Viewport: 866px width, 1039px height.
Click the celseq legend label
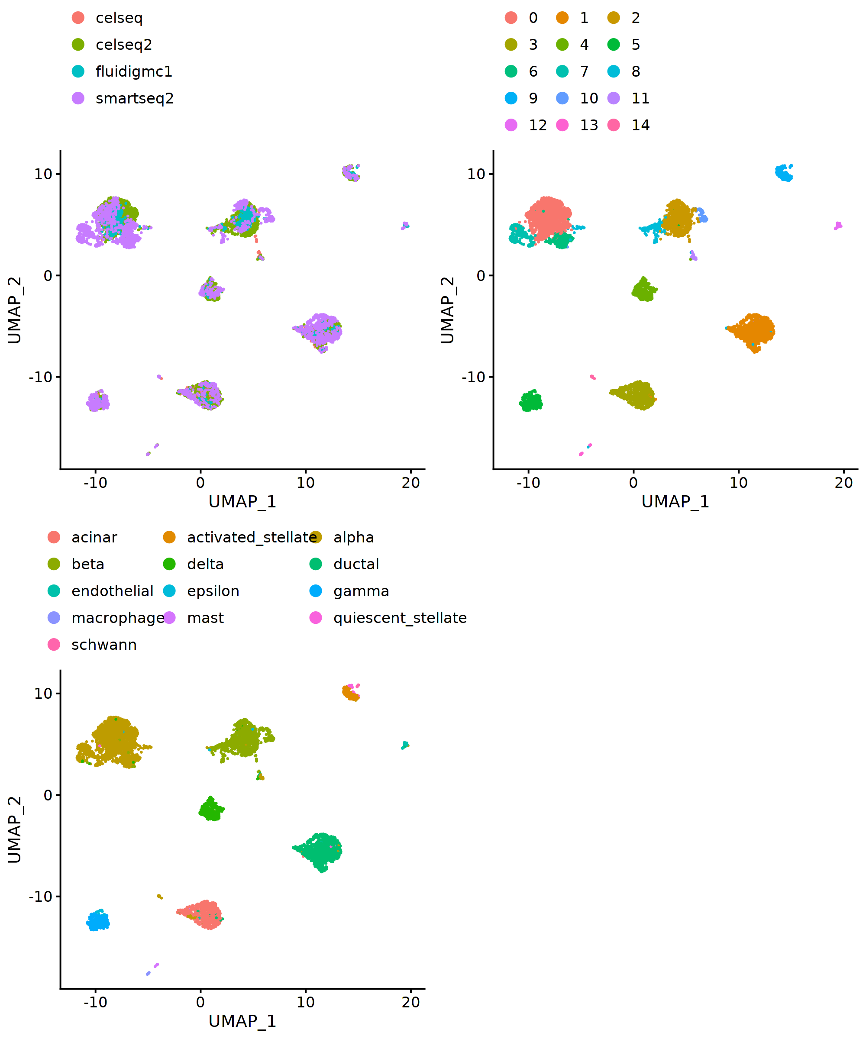tap(119, 18)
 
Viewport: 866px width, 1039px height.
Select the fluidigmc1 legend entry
tap(134, 72)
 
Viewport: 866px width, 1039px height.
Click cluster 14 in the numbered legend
tap(640, 125)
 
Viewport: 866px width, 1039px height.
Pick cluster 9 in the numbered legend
tap(533, 98)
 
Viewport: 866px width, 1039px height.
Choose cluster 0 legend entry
tap(533, 18)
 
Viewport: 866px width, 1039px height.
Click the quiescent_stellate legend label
tap(400, 618)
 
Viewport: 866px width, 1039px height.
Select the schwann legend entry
tap(104, 645)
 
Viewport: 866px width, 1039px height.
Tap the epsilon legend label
tap(213, 591)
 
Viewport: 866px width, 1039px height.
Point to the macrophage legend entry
tap(118, 618)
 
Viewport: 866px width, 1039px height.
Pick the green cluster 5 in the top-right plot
tap(531, 401)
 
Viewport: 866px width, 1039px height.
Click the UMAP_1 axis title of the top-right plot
tap(675, 502)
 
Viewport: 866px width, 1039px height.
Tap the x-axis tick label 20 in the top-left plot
tap(410, 482)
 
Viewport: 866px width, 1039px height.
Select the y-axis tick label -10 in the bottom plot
tap(41, 896)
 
